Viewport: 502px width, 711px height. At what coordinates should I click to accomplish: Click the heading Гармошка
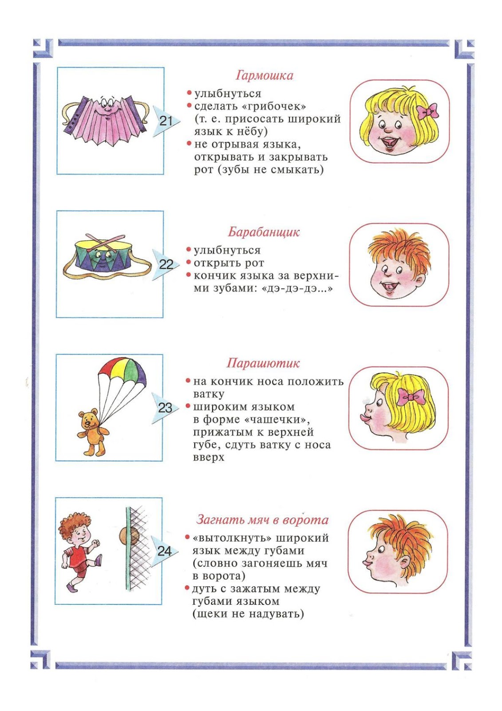pyautogui.click(x=265, y=76)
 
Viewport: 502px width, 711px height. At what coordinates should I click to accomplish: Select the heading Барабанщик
pyautogui.click(x=264, y=232)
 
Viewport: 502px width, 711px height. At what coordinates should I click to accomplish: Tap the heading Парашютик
pyautogui.click(x=263, y=363)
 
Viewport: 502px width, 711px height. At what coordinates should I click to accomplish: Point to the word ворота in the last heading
pyautogui.click(x=305, y=520)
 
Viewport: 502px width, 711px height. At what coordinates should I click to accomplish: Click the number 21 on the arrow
pyautogui.click(x=166, y=120)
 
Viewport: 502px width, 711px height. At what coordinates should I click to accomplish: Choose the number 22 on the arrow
pyautogui.click(x=166, y=264)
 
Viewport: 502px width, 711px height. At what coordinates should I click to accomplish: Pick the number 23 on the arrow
pyautogui.click(x=165, y=407)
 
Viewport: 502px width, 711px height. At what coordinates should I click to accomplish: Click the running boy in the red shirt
pyautogui.click(x=79, y=551)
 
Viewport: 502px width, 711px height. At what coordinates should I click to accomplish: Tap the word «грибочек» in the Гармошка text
pyautogui.click(x=279, y=107)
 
